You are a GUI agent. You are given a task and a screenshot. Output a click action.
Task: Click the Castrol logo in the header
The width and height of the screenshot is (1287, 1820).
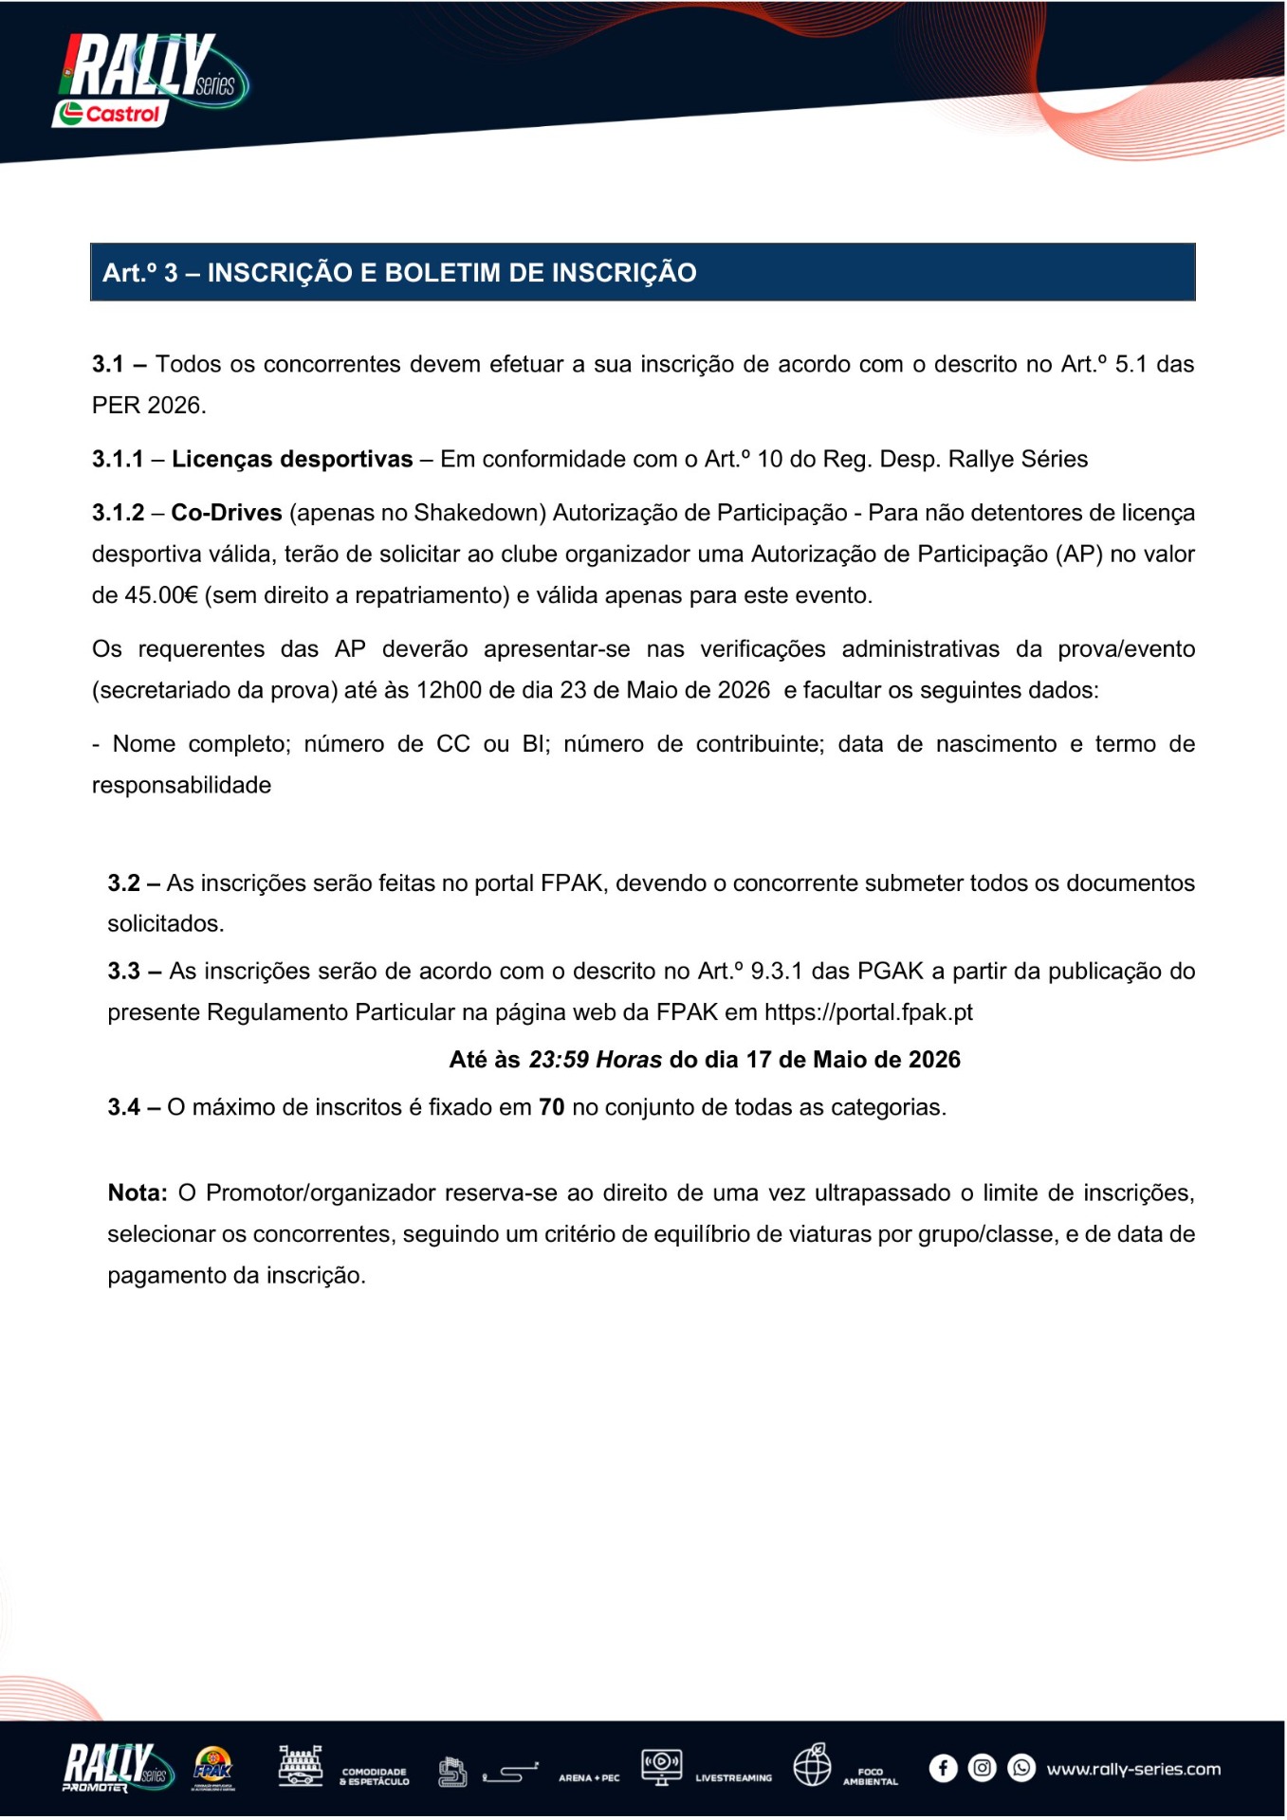[111, 114]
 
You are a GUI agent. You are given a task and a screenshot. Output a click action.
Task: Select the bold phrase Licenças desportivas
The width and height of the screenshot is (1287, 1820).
[292, 460]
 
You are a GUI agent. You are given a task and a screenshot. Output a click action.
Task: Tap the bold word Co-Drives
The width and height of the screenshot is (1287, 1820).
[227, 513]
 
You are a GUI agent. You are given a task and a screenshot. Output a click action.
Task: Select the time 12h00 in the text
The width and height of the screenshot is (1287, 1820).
[449, 690]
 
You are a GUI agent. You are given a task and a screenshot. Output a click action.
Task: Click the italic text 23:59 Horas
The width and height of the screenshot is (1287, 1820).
[595, 1060]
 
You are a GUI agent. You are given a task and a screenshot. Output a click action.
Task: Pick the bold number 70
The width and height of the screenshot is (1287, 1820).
[551, 1107]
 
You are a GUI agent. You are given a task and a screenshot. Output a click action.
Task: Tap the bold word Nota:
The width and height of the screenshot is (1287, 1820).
[138, 1192]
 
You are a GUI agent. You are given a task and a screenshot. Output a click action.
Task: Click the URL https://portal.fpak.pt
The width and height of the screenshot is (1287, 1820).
[868, 1012]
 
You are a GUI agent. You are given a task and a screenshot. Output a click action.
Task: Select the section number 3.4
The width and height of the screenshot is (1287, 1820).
[123, 1107]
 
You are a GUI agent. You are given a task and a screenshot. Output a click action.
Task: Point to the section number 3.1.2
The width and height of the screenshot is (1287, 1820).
[118, 513]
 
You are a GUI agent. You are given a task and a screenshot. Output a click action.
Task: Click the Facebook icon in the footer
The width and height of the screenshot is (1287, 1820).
[943, 1769]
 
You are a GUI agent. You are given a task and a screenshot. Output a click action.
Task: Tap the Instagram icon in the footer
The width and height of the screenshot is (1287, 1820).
[983, 1769]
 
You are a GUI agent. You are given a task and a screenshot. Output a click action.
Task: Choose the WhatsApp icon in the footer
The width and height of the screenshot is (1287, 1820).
[1021, 1769]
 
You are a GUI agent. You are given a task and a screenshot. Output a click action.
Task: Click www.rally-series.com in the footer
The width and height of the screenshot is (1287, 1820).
[1133, 1770]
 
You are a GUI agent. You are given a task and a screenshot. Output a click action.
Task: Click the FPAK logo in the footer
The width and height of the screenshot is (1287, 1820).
[212, 1768]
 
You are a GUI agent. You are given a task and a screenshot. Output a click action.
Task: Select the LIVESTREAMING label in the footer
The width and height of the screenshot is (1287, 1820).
[733, 1778]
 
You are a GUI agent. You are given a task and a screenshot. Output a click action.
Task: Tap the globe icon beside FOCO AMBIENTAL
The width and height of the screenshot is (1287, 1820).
[813, 1766]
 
